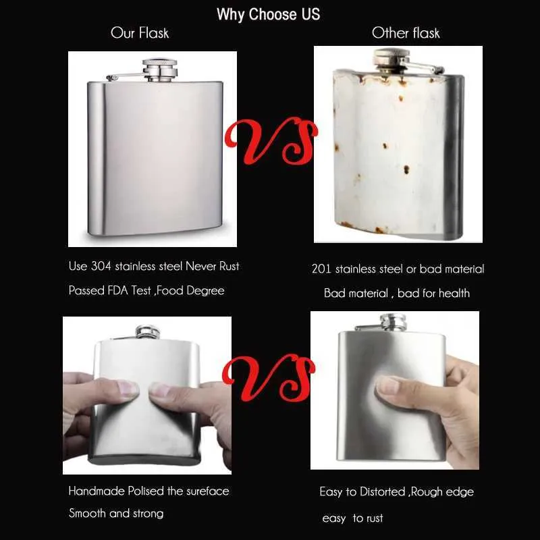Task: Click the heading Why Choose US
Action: tap(268, 14)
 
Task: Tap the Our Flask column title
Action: tap(140, 33)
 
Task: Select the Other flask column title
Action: tap(406, 33)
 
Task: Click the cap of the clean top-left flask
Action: tap(160, 70)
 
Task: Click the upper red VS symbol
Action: tap(271, 140)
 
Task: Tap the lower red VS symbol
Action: tap(269, 378)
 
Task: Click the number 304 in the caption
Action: tap(101, 266)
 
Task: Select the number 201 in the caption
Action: tap(321, 269)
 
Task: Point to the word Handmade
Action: tap(97, 491)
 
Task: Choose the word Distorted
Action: tap(382, 491)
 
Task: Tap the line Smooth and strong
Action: tap(116, 514)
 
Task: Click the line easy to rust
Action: tap(352, 518)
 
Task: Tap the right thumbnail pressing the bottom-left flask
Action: tap(161, 391)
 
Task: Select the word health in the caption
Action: tap(454, 293)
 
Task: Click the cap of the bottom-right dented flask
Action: tap(393, 322)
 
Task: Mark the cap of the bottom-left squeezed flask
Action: tap(148, 331)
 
